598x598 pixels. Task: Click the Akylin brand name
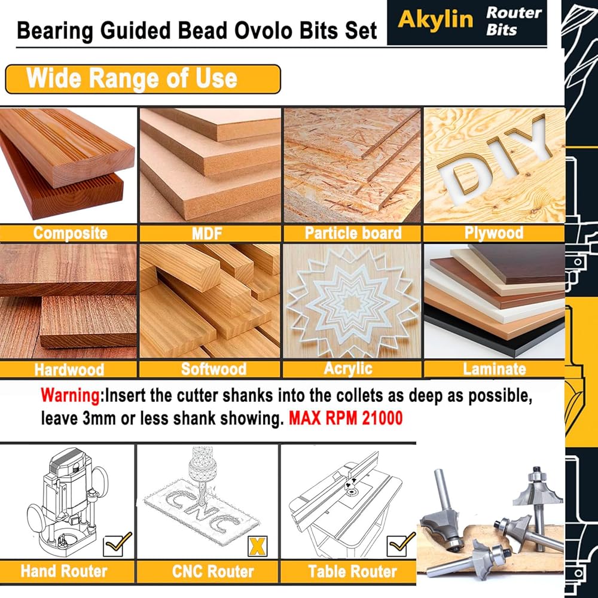[x=435, y=19]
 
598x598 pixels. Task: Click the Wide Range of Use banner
[x=143, y=79]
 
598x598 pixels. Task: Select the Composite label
[x=70, y=233]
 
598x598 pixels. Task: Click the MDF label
[x=207, y=233]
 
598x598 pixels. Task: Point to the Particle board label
[x=353, y=233]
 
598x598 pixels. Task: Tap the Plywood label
[x=494, y=233]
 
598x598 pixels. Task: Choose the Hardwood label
[x=69, y=370]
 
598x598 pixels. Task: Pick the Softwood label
[x=213, y=369]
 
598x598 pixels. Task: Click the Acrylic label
[x=348, y=369]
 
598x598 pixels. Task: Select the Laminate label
[x=495, y=369]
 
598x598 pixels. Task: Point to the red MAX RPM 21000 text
[x=346, y=418]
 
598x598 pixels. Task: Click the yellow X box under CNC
[x=257, y=547]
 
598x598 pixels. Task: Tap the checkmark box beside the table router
[x=401, y=545]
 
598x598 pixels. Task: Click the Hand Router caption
[x=64, y=571]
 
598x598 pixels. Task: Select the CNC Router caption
[x=213, y=571]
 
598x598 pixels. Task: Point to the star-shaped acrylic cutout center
[x=352, y=304]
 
